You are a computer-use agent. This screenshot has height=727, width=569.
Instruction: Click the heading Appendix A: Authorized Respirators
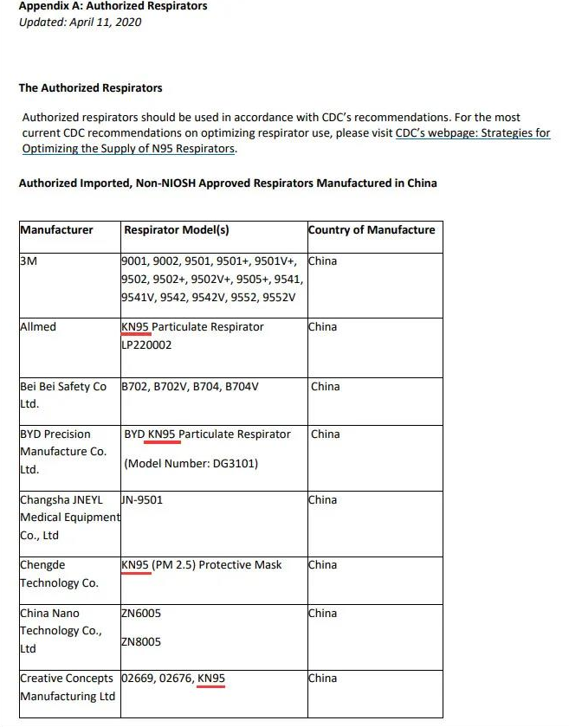point(113,7)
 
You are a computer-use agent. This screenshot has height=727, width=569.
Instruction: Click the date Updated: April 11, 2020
point(80,23)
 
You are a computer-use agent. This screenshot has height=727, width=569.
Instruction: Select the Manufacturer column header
point(56,230)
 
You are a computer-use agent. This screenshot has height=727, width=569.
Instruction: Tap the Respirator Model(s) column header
point(177,230)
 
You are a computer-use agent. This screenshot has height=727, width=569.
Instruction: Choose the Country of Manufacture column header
point(372,230)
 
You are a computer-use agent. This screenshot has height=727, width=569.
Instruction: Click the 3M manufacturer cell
point(29,261)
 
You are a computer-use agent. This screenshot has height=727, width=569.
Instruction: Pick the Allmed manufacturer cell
point(37,327)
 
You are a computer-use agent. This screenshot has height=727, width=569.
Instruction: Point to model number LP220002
point(146,345)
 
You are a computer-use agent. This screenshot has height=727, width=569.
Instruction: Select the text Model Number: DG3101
point(191,464)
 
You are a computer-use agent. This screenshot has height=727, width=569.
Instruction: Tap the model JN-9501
point(142,500)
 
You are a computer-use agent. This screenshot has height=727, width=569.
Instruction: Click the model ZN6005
point(141,614)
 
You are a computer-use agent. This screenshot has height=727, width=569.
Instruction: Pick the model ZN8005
point(141,642)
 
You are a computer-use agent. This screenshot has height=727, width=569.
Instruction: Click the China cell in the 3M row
point(323,261)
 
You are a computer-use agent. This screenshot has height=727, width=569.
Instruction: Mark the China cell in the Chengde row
point(323,565)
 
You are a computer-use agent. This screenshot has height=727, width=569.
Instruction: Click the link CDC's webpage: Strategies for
point(473,133)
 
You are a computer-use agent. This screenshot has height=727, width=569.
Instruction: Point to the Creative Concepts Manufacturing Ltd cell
point(68,687)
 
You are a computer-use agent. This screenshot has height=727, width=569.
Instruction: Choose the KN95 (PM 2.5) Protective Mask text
point(202,565)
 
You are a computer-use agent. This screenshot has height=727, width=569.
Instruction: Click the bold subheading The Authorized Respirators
point(90,88)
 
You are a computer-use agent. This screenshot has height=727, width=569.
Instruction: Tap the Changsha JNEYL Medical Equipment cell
point(69,518)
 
